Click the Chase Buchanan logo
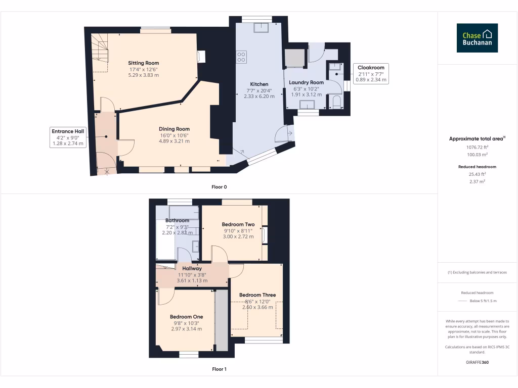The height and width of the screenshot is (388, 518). click(477, 38)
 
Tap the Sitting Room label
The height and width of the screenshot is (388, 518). click(144, 63)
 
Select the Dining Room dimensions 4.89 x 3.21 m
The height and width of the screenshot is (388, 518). click(174, 141)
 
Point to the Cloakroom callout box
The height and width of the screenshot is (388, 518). click(371, 74)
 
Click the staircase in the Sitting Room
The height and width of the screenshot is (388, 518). click(101, 53)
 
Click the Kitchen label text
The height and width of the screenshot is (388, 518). click(259, 84)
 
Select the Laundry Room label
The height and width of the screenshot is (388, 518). click(306, 82)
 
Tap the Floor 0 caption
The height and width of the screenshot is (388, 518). click(219, 187)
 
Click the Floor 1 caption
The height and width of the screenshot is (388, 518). click(219, 369)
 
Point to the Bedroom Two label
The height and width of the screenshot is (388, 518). click(238, 224)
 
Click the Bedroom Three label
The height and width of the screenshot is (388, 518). click(257, 295)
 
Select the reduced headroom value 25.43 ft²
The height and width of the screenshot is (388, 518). click(477, 174)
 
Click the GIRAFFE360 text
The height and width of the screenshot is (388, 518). click(477, 362)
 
